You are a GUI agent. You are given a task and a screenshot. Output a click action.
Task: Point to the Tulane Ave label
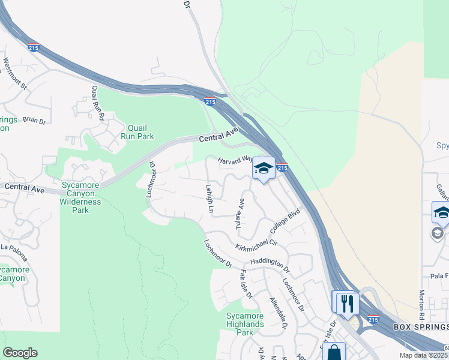240,214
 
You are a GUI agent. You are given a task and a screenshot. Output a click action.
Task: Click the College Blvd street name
285,222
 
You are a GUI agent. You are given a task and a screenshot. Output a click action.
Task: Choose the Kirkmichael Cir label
256,244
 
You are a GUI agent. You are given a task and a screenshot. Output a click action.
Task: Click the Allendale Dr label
278,313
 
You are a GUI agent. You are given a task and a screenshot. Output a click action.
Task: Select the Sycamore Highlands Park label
245,324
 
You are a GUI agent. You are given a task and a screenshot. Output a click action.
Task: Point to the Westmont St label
16,73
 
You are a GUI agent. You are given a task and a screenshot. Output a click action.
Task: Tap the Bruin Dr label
34,121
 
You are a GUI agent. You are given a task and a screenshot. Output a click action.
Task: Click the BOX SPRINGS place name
421,327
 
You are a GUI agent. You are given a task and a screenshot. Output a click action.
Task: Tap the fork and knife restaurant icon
346,303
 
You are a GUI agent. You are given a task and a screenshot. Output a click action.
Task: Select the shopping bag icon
334,352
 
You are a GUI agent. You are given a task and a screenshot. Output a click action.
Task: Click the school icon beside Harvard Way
263,168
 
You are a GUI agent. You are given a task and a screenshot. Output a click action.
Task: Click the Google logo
20,353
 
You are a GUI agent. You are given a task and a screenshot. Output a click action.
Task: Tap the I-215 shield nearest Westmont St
34,47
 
